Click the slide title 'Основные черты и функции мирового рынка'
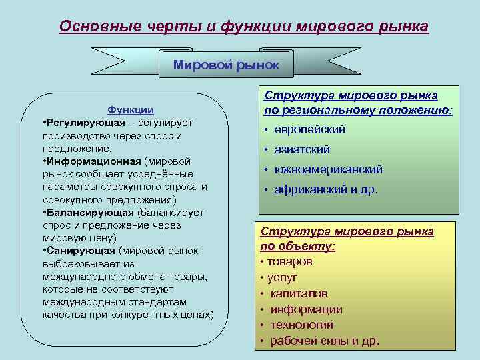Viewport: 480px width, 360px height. point(243,26)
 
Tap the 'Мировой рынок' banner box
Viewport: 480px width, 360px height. point(226,65)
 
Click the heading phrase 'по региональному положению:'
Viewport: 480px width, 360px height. point(359,109)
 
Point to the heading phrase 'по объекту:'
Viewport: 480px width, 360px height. point(298,246)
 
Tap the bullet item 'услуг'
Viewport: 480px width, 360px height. point(282,277)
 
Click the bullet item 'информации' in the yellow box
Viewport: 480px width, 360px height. point(306,309)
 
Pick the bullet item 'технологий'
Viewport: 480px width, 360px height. point(302,325)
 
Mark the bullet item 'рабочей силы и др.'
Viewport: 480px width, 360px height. point(325,341)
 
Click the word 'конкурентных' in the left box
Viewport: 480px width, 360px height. point(134,314)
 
